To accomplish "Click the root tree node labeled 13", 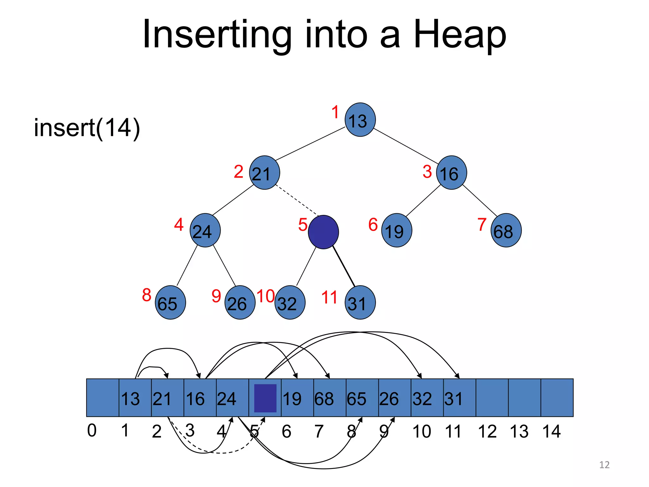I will (360, 120).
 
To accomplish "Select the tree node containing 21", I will (264, 172).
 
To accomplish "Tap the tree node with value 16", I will (451, 172).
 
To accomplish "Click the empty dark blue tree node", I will (323, 232).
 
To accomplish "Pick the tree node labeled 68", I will (506, 230).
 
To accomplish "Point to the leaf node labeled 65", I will (170, 302).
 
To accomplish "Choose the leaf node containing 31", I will (360, 302).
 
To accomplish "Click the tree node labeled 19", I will (396, 230).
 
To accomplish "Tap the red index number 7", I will (482, 224).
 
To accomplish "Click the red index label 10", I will (266, 296).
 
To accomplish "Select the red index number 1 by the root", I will (335, 112).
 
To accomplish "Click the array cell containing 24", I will (232, 398).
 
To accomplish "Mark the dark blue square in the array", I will (265, 398).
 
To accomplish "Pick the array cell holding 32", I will (427, 398).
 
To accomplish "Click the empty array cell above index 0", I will (103, 398).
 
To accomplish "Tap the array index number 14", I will (551, 431).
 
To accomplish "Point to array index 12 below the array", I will (487, 431).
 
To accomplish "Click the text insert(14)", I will (87, 128).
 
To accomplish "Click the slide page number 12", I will (604, 465).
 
